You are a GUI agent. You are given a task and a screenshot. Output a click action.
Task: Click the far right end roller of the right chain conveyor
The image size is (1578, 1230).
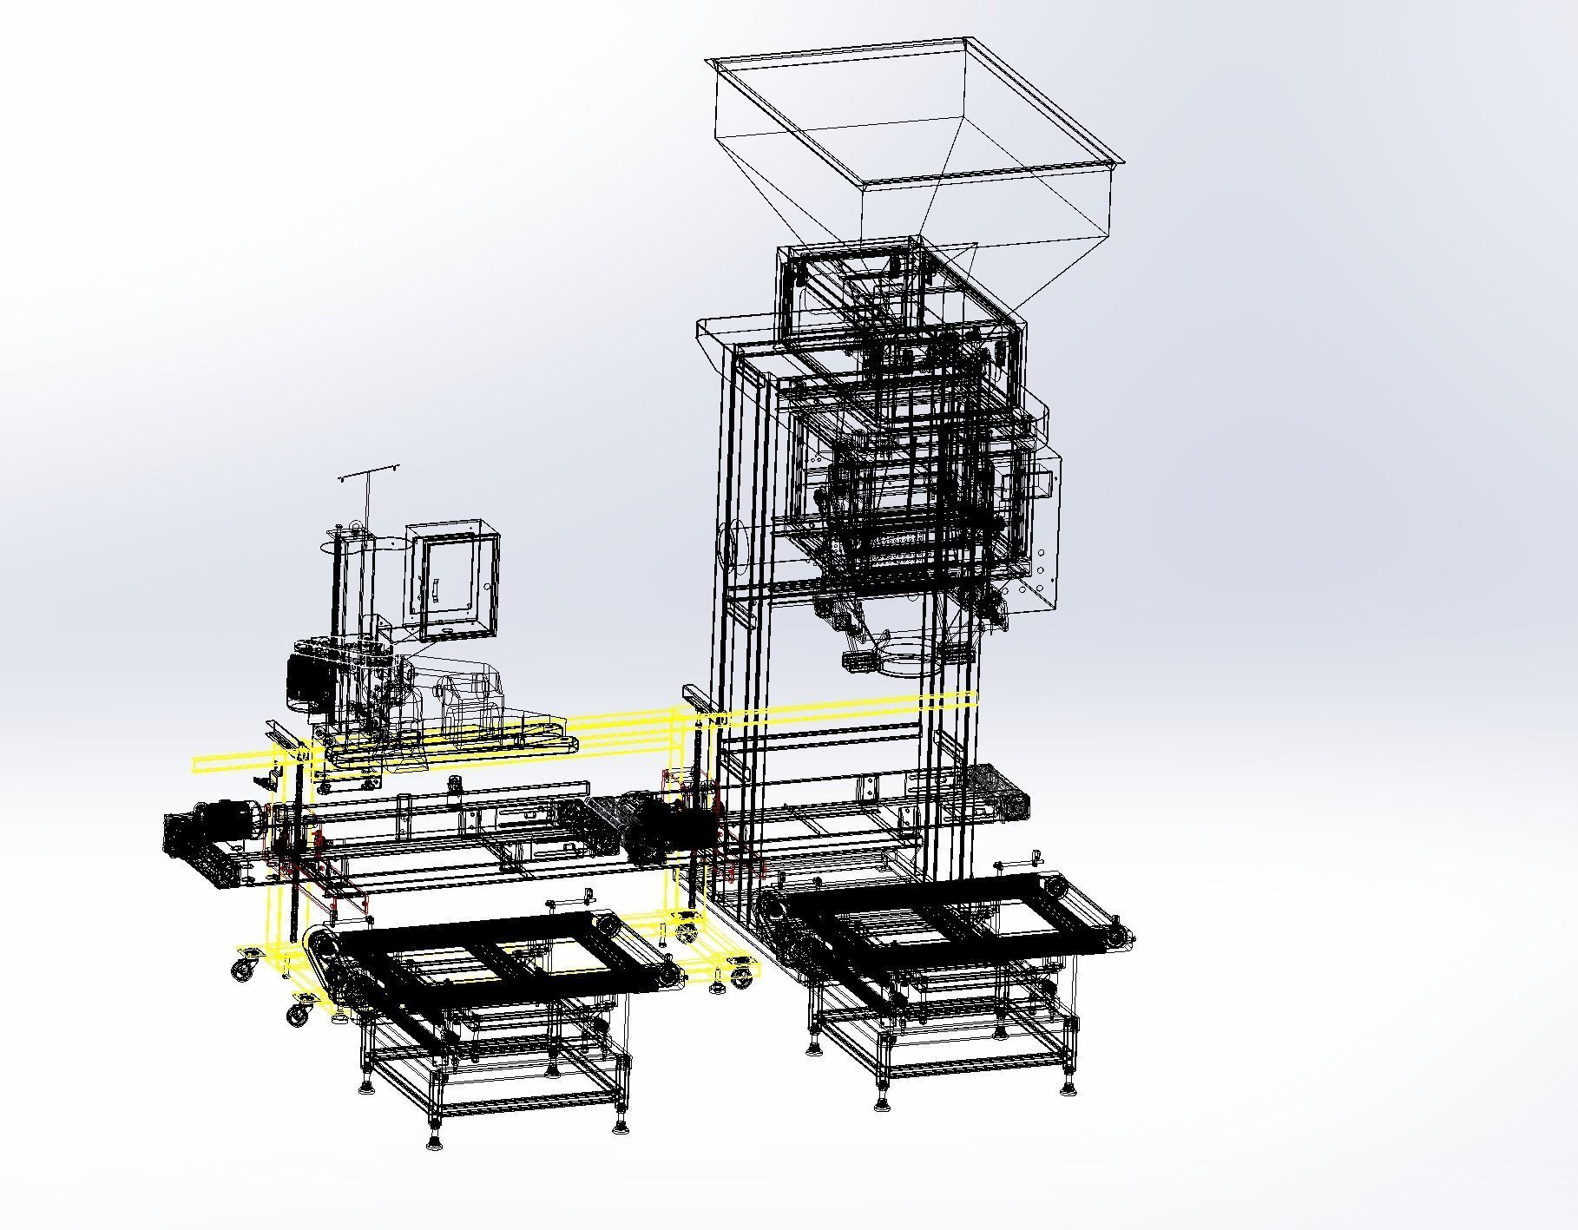point(1121,939)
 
